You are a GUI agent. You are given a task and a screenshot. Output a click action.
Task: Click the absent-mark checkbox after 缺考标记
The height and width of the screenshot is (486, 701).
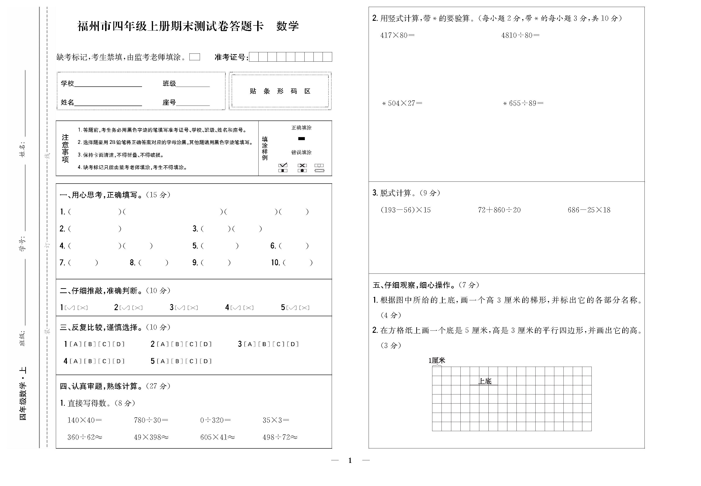click(x=195, y=57)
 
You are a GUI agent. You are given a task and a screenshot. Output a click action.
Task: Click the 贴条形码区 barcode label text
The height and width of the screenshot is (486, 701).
click(x=280, y=91)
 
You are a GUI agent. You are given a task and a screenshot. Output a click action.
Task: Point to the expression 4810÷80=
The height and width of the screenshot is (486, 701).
click(x=520, y=35)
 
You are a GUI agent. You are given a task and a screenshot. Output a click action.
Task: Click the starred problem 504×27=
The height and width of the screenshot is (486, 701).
click(x=402, y=103)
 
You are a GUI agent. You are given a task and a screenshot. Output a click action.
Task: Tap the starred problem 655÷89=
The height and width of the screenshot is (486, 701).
click(x=523, y=103)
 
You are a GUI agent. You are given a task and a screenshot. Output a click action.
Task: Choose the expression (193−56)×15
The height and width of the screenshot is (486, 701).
click(x=406, y=210)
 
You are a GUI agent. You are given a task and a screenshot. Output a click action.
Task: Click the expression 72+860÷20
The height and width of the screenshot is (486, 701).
click(x=499, y=210)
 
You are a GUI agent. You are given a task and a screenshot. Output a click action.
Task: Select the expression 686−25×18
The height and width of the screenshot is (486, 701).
click(x=589, y=210)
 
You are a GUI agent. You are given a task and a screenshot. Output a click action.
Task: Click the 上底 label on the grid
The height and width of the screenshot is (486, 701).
click(x=485, y=381)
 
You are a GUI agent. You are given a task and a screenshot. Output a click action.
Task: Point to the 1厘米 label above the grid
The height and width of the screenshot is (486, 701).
click(x=437, y=361)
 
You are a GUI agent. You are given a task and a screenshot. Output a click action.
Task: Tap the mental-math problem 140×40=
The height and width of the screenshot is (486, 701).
click(x=84, y=420)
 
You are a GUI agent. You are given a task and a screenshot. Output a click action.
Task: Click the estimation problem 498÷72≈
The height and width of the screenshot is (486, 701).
click(x=280, y=437)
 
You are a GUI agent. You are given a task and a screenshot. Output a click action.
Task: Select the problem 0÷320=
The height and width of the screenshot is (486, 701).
click(x=215, y=420)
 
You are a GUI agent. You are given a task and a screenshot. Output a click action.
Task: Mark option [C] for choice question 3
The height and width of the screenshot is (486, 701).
click(x=278, y=344)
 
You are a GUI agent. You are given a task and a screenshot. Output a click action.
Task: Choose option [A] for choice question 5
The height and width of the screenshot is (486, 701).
click(x=163, y=361)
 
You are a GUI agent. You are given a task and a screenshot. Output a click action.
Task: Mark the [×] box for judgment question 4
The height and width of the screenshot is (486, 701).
click(x=249, y=308)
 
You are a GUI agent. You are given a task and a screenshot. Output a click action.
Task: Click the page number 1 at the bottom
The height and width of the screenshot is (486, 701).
click(x=350, y=460)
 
